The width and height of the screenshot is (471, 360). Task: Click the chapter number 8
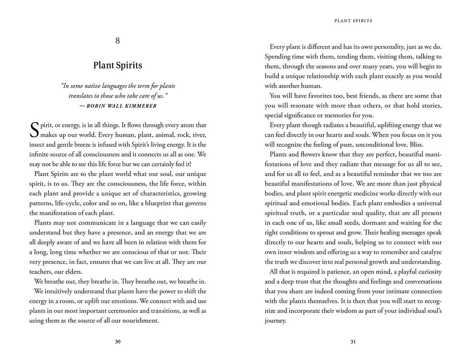pyautogui.click(x=118, y=41)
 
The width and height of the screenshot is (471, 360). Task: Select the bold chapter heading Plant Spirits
pyautogui.click(x=118, y=65)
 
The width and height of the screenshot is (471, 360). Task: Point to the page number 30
pyautogui.click(x=118, y=341)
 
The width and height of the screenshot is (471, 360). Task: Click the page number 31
pyautogui.click(x=353, y=341)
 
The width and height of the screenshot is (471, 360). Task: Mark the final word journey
pyautogui.click(x=275, y=321)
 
